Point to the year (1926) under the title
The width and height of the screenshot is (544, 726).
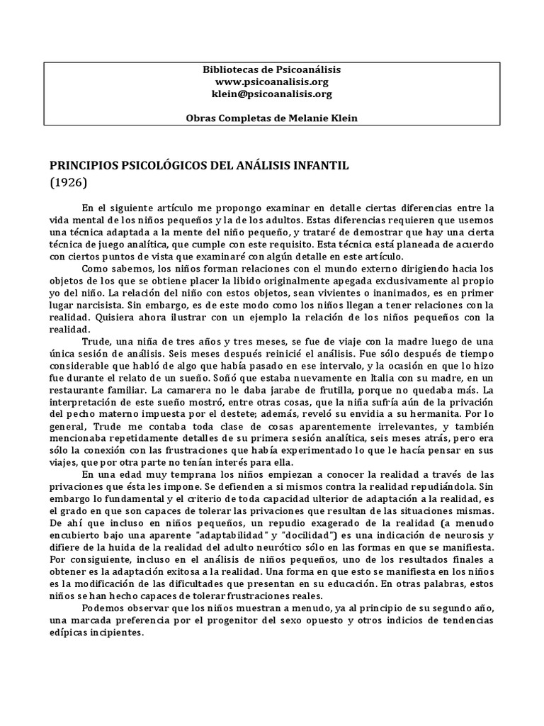tap(68, 181)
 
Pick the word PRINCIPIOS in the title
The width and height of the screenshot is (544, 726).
tap(83, 165)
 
